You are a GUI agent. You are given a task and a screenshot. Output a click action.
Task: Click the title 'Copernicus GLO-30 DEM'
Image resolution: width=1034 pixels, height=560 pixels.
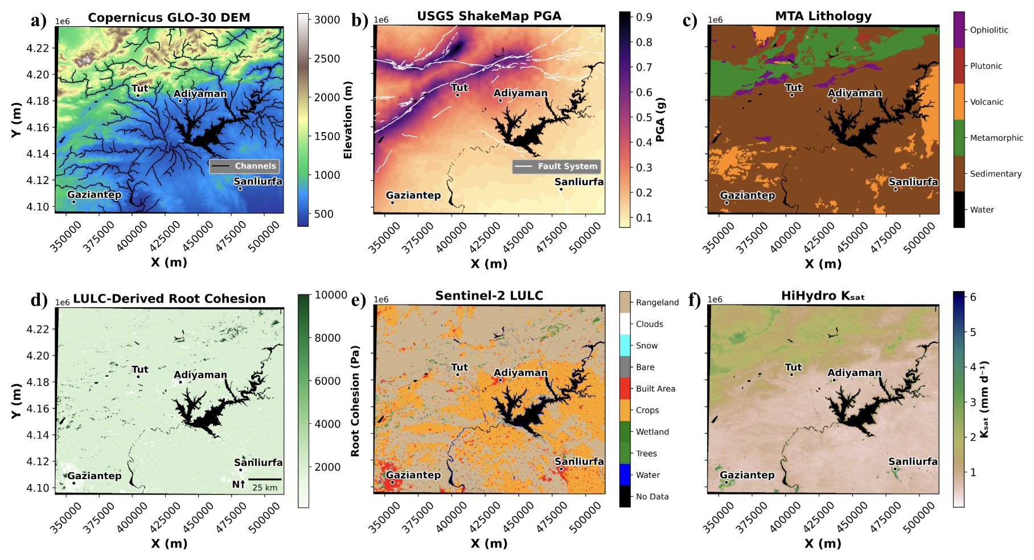(169, 18)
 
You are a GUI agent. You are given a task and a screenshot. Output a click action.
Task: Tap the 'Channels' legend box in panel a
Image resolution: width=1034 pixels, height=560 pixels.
(245, 166)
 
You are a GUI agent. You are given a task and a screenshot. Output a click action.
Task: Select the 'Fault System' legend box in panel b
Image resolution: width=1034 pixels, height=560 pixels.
(557, 166)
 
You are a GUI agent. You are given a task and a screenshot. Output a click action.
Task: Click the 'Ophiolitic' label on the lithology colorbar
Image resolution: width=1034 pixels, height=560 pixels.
(989, 30)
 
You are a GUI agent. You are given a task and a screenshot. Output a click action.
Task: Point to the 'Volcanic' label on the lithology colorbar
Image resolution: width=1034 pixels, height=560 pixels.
(987, 102)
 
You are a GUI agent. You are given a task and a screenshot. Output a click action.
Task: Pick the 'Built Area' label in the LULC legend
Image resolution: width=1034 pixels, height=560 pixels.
(655, 389)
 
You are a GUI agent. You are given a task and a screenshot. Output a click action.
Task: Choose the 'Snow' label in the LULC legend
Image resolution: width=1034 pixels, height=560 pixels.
(647, 346)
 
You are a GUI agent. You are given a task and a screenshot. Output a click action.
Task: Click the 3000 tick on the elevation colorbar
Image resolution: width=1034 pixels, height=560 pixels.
(327, 20)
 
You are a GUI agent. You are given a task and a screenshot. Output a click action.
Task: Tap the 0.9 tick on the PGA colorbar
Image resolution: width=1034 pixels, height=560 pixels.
(645, 17)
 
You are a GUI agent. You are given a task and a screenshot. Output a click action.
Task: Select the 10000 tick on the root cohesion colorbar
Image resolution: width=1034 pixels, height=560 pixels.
(331, 295)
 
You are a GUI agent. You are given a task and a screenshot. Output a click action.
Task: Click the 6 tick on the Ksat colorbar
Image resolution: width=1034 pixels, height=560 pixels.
(973, 297)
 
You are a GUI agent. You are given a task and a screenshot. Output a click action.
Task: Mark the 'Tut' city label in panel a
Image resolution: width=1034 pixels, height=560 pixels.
(140, 88)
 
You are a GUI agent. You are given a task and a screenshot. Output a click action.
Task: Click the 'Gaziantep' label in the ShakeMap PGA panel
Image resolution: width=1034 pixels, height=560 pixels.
(413, 195)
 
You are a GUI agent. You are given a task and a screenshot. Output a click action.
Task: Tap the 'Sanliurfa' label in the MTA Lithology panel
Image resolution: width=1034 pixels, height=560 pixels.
(913, 182)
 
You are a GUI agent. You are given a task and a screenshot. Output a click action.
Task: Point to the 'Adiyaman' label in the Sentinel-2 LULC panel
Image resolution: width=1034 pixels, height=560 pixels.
(520, 373)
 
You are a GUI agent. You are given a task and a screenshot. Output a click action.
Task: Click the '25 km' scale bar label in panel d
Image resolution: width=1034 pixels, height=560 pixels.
(265, 488)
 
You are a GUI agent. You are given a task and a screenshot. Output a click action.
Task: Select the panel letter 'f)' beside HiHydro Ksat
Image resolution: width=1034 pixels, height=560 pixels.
(694, 300)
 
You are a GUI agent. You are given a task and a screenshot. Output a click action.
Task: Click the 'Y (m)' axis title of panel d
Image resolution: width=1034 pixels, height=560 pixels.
(16, 401)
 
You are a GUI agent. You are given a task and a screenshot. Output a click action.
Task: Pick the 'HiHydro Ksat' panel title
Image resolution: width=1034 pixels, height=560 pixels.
(823, 296)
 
